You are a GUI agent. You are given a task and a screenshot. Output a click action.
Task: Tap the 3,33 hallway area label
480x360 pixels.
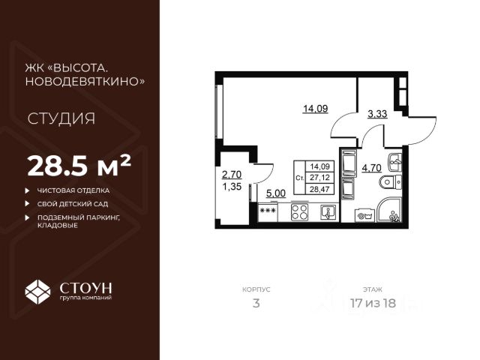(377, 115)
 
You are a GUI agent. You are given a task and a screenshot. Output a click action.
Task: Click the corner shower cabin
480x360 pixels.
(391, 211)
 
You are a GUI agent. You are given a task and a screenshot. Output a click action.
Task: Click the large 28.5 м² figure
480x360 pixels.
(79, 163)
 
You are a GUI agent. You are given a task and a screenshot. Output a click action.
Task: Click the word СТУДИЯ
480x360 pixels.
(61, 118)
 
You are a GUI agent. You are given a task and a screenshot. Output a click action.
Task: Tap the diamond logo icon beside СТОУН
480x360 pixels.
(37, 290)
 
